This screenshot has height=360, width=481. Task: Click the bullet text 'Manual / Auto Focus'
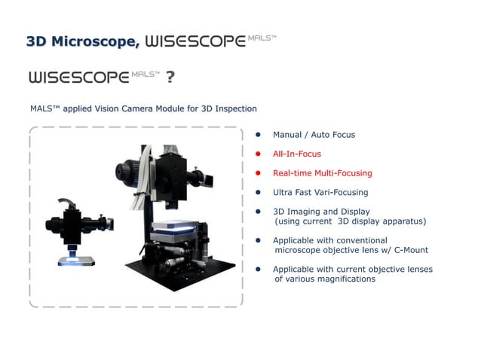pyautogui.click(x=314, y=135)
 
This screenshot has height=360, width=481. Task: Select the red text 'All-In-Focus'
pyautogui.click(x=296, y=154)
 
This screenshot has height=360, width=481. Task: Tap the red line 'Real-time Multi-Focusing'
pyautogui.click(x=322, y=173)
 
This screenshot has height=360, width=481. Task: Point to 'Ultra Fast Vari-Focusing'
pyautogui.click(x=320, y=193)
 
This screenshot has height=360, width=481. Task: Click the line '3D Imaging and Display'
pyautogui.click(x=321, y=212)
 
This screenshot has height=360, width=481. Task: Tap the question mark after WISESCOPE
pyautogui.click(x=170, y=78)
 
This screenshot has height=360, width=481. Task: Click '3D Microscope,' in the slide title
pyautogui.click(x=82, y=41)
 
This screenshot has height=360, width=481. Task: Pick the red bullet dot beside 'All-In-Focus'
pyautogui.click(x=257, y=154)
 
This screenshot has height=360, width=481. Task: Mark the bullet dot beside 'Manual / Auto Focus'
pyautogui.click(x=257, y=135)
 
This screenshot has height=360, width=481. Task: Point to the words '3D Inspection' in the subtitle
pyautogui.click(x=228, y=109)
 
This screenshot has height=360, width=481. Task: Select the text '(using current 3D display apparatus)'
pyautogui.click(x=350, y=221)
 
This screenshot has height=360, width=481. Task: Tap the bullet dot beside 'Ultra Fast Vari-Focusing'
pyautogui.click(x=257, y=193)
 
